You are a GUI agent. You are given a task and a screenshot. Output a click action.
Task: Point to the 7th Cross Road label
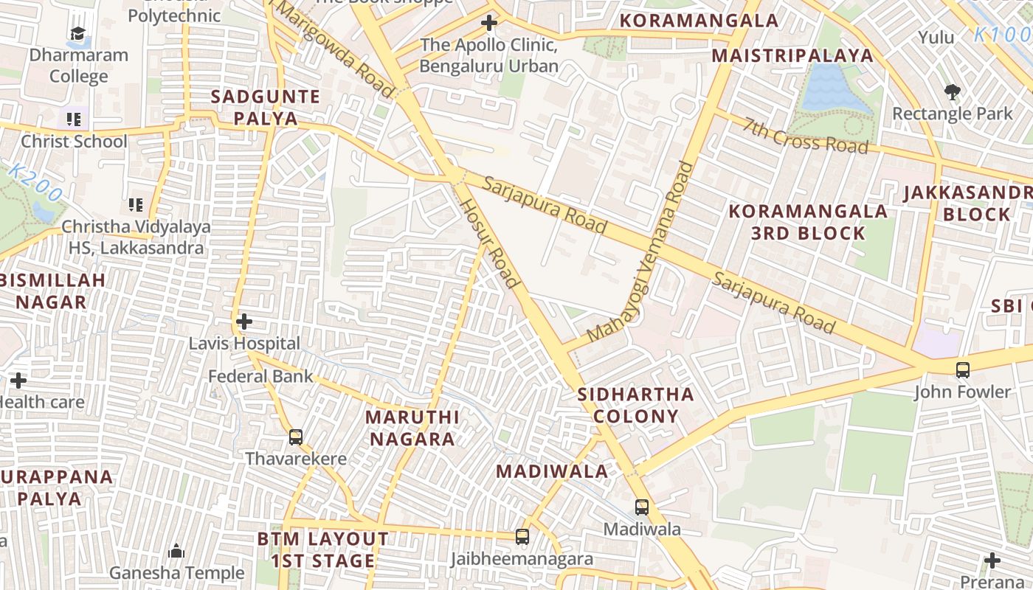(x=806, y=136)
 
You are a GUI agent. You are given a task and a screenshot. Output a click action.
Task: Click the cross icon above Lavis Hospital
(x=244, y=322)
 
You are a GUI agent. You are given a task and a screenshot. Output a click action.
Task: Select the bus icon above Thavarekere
(x=296, y=437)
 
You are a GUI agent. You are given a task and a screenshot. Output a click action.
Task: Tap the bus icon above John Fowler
(x=962, y=370)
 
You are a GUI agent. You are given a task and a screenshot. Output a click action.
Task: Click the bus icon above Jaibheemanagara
(x=522, y=537)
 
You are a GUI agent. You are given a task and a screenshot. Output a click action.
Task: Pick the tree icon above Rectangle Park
(x=952, y=92)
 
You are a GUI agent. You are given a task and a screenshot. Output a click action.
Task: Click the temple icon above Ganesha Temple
(x=176, y=552)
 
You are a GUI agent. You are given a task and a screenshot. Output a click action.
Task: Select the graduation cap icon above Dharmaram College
(x=77, y=33)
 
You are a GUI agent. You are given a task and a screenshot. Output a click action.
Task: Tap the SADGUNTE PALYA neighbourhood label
(x=266, y=108)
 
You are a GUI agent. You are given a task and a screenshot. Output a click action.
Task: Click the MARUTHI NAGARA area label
(x=412, y=428)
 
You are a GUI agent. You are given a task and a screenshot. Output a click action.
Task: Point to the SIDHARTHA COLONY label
(x=635, y=405)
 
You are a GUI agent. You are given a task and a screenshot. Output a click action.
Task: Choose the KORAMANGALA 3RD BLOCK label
(x=808, y=222)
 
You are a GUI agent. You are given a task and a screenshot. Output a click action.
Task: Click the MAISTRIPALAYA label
(x=792, y=56)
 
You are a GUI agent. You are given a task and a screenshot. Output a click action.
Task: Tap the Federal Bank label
(x=260, y=377)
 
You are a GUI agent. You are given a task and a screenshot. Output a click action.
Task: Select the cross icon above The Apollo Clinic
(x=488, y=24)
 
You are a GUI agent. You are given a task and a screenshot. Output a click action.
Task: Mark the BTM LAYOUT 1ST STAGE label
(x=322, y=550)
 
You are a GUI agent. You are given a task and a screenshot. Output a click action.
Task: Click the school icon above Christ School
(x=73, y=119)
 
